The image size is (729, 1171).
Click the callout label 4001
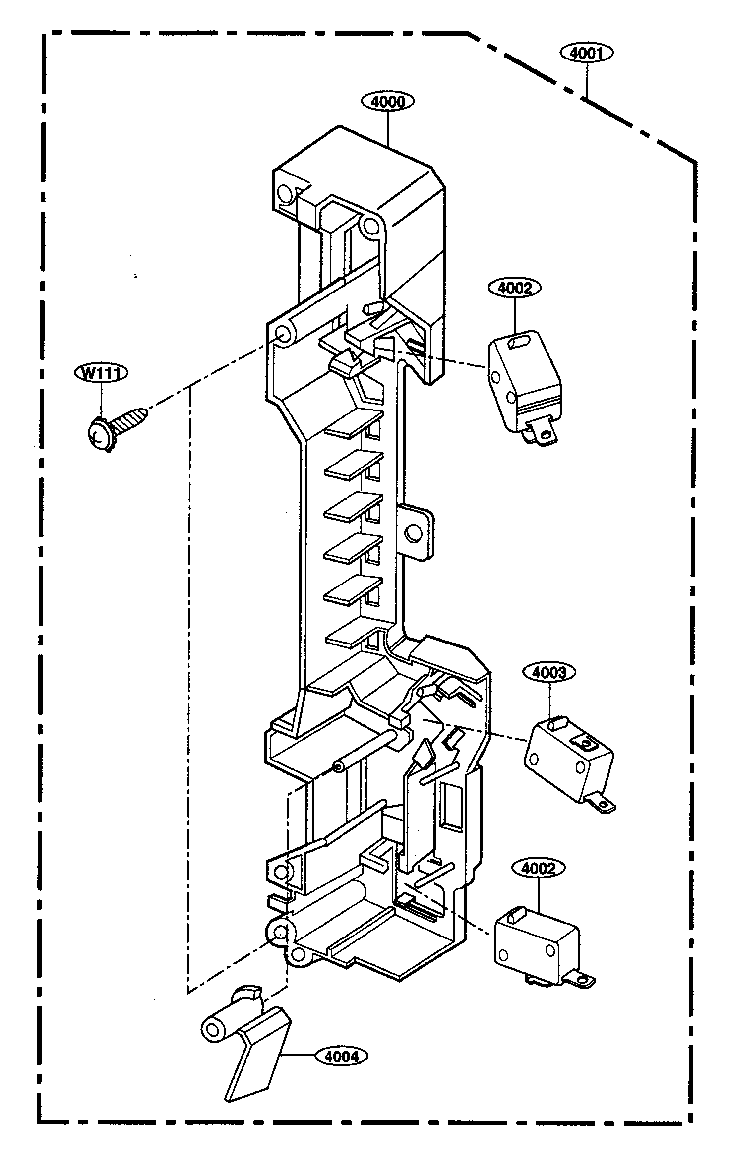pos(587,53)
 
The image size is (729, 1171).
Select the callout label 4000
pos(388,101)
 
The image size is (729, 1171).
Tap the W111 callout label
pos(101,373)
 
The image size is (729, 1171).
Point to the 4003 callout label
pos(549,672)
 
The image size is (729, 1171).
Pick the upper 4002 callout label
pos(515,288)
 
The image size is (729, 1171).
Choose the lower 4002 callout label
pos(538,869)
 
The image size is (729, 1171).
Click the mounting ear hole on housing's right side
pos(412,533)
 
